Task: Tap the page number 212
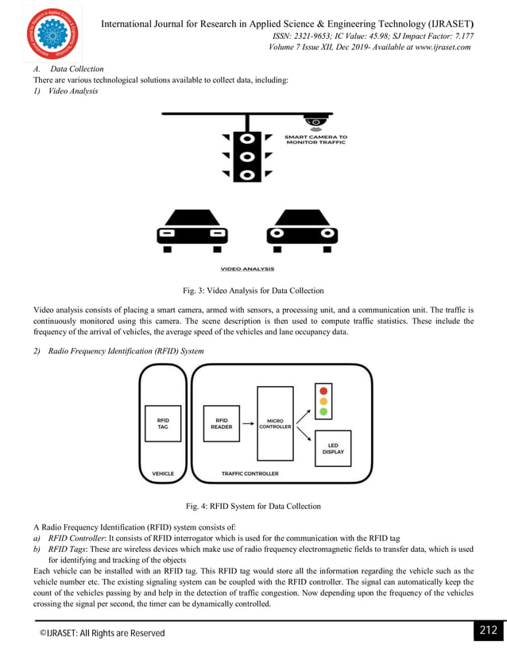click(486, 631)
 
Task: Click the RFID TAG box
click(163, 423)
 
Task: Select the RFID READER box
click(222, 423)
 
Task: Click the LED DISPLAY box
click(333, 448)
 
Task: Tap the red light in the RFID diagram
click(323, 391)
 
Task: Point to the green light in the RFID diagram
click(323, 411)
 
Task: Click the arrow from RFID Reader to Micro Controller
click(248, 423)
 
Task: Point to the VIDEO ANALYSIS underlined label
click(247, 268)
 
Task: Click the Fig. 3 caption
click(253, 291)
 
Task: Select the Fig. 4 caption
click(253, 506)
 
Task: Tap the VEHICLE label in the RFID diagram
click(163, 474)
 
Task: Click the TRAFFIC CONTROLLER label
click(250, 474)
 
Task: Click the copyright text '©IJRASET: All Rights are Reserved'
click(103, 633)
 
